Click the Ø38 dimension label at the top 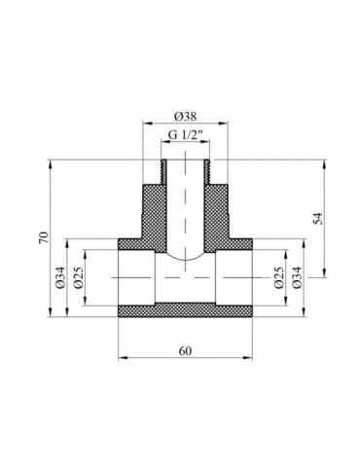[180, 111]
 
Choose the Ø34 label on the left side [60, 280]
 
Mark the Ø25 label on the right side [282, 280]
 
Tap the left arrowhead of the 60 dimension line [121, 357]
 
